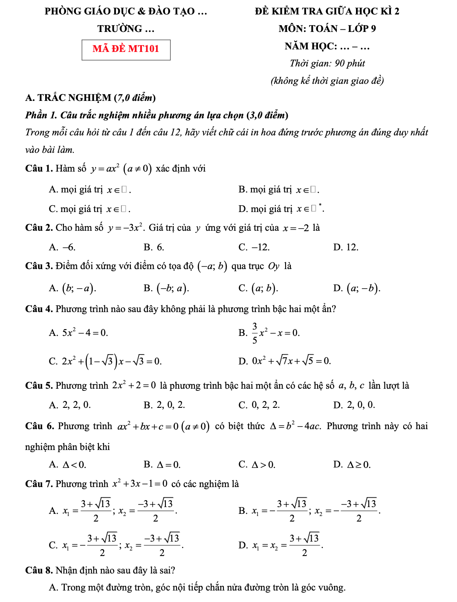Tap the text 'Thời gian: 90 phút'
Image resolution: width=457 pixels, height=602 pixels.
pos(327,63)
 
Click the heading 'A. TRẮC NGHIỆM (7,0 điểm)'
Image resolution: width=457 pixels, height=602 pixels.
pos(90,98)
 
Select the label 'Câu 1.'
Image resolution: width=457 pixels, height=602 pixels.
pos(39,169)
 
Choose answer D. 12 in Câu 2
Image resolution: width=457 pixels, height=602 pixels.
pos(346,247)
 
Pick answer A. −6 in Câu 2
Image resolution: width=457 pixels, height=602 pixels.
pos(62,247)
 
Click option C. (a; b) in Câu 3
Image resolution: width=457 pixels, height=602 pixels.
pos(258,288)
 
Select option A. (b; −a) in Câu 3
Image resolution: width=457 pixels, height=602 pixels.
pos(73,288)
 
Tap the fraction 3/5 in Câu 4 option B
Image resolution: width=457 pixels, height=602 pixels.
pos(255,333)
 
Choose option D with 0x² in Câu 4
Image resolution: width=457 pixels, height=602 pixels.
pos(285,361)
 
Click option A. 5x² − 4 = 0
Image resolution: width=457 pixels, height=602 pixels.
pos(78,333)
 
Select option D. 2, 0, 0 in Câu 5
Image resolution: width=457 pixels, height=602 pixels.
pos(354,405)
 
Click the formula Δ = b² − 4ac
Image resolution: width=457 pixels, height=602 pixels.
pos(295,426)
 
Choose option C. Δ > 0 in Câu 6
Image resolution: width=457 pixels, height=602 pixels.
pos(257,464)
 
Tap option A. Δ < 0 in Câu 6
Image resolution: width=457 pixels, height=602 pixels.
pos(68,464)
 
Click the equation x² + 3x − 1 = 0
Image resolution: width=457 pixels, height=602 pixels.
pos(140,484)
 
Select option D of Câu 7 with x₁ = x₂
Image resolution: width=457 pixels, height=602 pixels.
pos(281,545)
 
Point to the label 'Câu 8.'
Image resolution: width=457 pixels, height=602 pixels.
pos(39,570)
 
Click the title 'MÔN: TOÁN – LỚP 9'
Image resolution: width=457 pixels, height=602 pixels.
pos(327,29)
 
